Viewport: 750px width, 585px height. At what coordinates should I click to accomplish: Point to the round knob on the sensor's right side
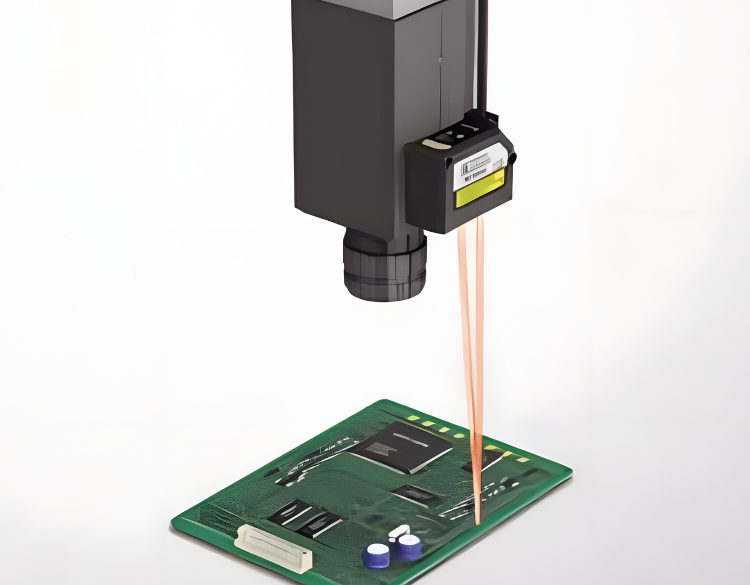pos(512,158)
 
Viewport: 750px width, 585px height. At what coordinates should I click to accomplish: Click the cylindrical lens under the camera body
pos(385,267)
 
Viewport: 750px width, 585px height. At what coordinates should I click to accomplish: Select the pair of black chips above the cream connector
pos(305,519)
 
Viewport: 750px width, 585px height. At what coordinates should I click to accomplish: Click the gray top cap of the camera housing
pos(388,9)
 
